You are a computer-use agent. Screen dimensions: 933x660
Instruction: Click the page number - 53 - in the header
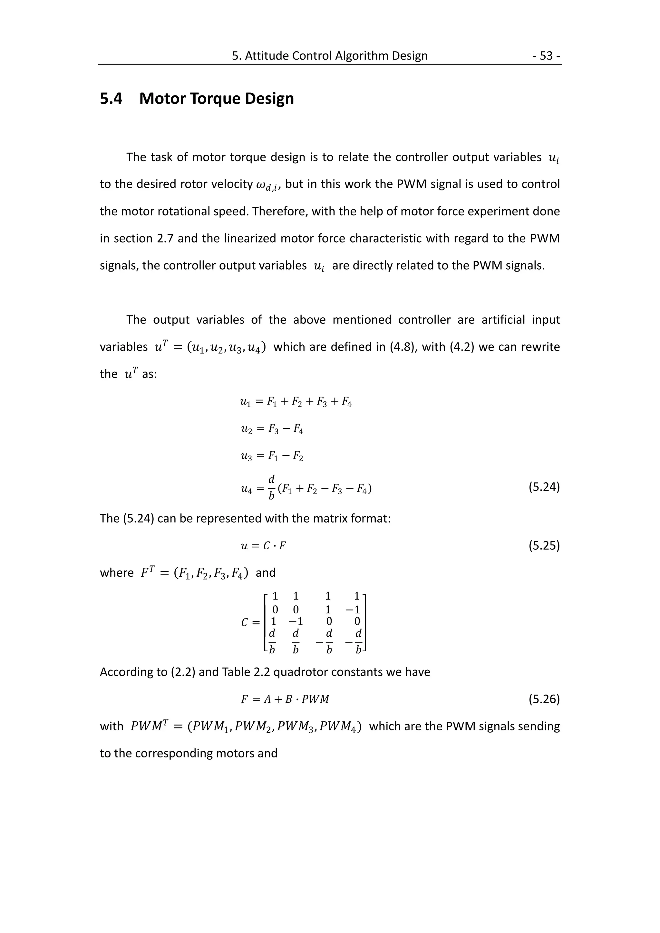pyautogui.click(x=547, y=56)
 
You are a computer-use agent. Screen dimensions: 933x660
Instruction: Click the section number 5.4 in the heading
pyautogui.click(x=111, y=99)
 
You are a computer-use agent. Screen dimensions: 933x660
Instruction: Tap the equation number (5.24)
pyautogui.click(x=544, y=487)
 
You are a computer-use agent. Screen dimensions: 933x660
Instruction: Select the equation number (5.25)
pyautogui.click(x=544, y=545)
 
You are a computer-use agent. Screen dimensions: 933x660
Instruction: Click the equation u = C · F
pyautogui.click(x=263, y=546)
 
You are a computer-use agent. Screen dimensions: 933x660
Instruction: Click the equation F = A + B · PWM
pyautogui.click(x=285, y=699)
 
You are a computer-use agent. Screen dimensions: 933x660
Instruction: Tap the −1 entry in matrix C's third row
pyautogui.click(x=296, y=622)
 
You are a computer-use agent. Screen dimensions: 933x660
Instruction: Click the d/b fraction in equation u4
pyautogui.click(x=272, y=487)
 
